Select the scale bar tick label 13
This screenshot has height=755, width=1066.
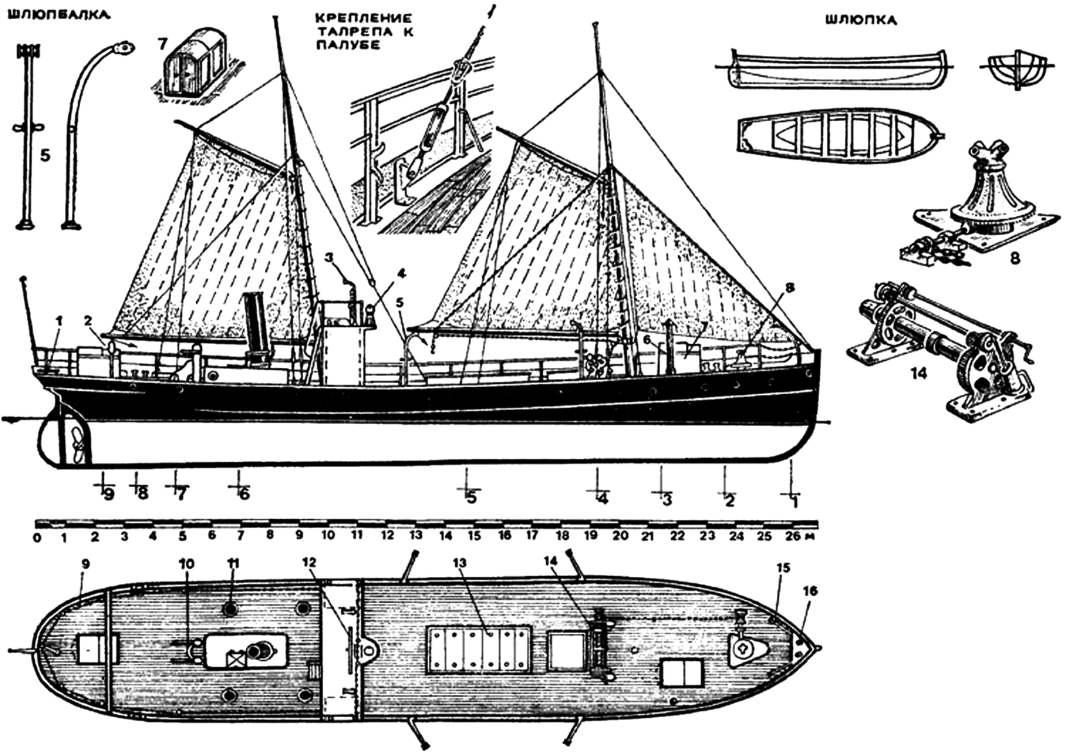pos(416,537)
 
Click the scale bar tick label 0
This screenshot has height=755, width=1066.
pos(36,537)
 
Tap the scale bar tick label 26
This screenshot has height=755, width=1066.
pos(790,537)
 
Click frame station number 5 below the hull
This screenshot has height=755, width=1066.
pos(472,497)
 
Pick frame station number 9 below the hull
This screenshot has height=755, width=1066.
pos(108,494)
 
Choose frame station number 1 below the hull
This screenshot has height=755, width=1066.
pos(792,500)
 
